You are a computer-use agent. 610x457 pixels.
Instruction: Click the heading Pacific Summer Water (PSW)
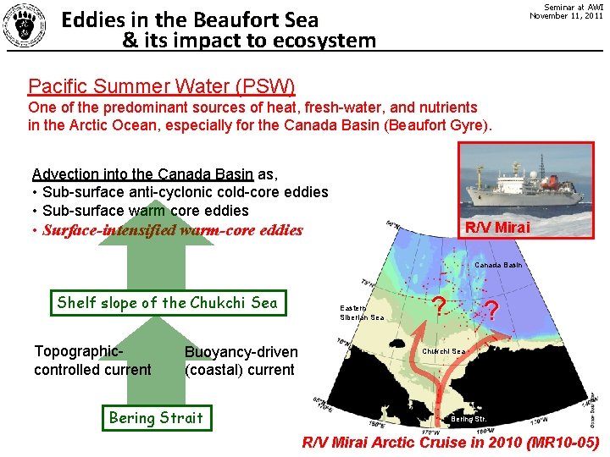162,85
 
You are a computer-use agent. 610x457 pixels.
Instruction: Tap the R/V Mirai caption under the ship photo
497,227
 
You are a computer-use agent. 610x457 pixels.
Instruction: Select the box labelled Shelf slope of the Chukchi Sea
167,302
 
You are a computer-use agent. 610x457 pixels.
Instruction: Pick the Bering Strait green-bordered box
156,417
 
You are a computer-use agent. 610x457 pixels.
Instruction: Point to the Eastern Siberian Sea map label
362,312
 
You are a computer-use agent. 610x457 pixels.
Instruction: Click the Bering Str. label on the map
469,419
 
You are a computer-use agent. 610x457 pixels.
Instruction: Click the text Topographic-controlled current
92,361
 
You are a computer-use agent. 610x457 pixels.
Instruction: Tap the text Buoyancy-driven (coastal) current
241,361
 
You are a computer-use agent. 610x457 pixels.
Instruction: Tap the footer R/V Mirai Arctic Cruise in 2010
451,442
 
